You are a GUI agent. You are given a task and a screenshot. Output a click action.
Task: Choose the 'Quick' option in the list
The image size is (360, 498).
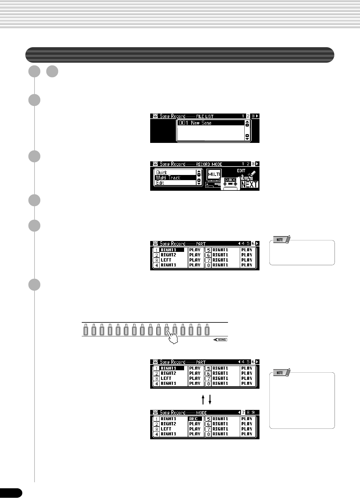(x=162, y=172)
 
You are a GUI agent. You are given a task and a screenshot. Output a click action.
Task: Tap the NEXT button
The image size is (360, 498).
(x=249, y=184)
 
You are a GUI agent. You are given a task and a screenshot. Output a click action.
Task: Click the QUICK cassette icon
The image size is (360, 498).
(x=230, y=183)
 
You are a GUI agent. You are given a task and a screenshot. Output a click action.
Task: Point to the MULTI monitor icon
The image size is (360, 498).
(x=214, y=174)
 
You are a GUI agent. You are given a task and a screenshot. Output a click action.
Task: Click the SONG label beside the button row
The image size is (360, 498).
(x=221, y=340)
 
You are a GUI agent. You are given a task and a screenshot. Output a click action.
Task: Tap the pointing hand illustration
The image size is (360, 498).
(x=172, y=337)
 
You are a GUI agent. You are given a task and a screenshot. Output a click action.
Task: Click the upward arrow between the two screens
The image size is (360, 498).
(x=203, y=400)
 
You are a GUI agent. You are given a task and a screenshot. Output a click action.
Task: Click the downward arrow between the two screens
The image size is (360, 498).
(x=210, y=400)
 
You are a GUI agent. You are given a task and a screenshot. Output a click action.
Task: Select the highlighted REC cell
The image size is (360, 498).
(x=195, y=419)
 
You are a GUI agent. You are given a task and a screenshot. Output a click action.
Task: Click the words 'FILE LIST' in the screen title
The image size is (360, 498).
(x=205, y=116)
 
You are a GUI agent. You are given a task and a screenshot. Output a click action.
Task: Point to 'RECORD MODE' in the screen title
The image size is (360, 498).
(x=209, y=164)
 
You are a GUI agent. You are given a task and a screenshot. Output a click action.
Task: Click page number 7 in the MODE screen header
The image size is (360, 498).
(x=243, y=412)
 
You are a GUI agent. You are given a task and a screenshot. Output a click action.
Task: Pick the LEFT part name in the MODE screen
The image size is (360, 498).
(x=166, y=429)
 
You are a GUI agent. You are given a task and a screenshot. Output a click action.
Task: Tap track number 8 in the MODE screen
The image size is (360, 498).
(x=208, y=434)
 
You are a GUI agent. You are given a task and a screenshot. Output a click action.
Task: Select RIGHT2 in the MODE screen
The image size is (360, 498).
(x=168, y=424)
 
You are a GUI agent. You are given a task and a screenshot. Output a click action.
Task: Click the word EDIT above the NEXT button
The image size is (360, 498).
(x=241, y=171)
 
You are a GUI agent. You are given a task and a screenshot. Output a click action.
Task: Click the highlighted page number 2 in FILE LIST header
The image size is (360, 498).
(x=248, y=116)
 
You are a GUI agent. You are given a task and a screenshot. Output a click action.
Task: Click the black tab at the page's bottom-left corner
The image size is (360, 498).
(x=11, y=493)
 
